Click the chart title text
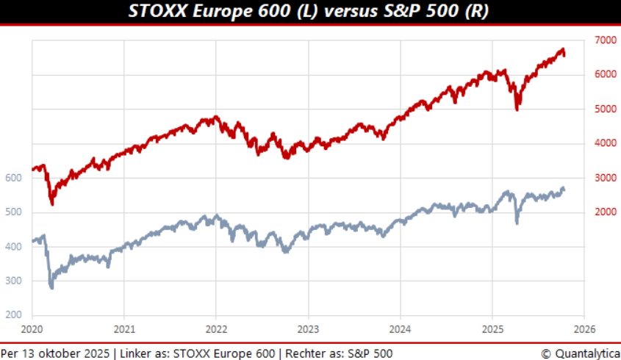pyautogui.click(x=309, y=11)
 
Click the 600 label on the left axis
pyautogui.click(x=12, y=178)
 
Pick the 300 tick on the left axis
pyautogui.click(x=12, y=281)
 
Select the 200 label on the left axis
pyautogui.click(x=12, y=315)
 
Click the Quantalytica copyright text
pyautogui.click(x=581, y=353)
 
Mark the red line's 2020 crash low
pyautogui.click(x=51, y=204)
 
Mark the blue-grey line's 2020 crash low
pyautogui.click(x=51, y=287)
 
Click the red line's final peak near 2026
pyautogui.click(x=562, y=50)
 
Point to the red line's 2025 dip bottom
pyautogui.click(x=517, y=109)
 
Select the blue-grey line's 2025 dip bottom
pyautogui.click(x=517, y=222)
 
